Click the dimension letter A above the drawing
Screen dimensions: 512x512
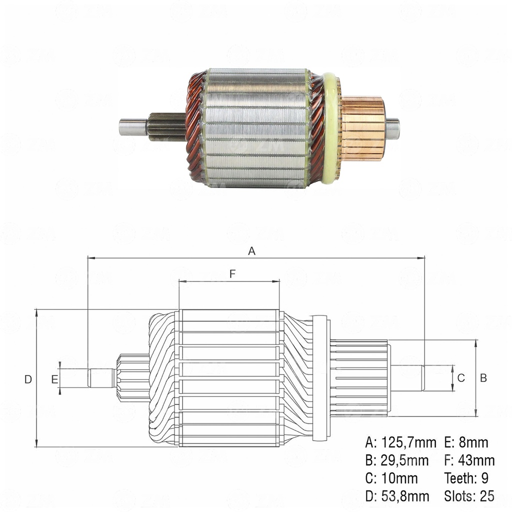tap(252, 251)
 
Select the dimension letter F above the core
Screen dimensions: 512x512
tap(232, 273)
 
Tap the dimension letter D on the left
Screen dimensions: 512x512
tap(28, 379)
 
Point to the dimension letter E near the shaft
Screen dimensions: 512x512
tap(54, 379)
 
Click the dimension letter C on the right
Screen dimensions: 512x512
tap(461, 378)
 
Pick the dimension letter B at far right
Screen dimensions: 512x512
tap(483, 378)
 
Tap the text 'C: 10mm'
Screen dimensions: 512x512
tap(391, 478)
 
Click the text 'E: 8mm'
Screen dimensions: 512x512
tap(466, 442)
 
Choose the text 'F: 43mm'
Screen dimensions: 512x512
tap(469, 460)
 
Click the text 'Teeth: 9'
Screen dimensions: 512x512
tap(466, 478)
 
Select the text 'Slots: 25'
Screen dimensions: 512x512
tap(469, 496)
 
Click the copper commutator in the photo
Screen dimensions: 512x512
tap(363, 128)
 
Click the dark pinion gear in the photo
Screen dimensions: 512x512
tap(166, 127)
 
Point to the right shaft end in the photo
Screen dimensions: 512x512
tap(392, 128)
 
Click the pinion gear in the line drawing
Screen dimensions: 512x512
tap(132, 378)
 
